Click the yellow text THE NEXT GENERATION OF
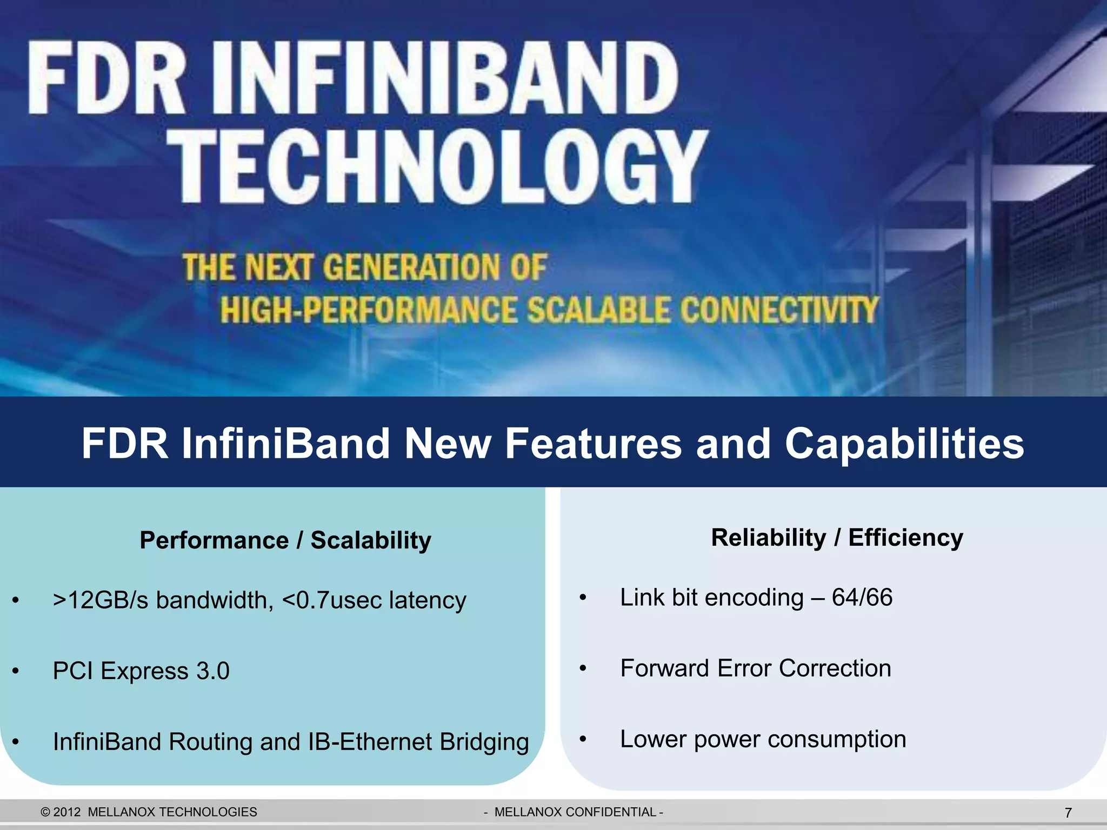pyautogui.click(x=365, y=267)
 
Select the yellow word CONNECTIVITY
pyautogui.click(x=778, y=310)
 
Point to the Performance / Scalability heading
pyautogui.click(x=285, y=540)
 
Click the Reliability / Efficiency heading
pyautogui.click(x=837, y=538)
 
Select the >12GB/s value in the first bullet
pyautogui.click(x=100, y=600)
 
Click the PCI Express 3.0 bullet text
pyautogui.click(x=141, y=671)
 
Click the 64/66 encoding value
pyautogui.click(x=862, y=598)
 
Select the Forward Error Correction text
pyautogui.click(x=755, y=668)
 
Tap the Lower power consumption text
pyautogui.click(x=763, y=739)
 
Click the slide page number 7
pyautogui.click(x=1068, y=813)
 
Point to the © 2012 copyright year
pyautogui.click(x=61, y=812)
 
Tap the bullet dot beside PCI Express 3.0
pyautogui.click(x=16, y=671)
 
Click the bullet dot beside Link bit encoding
pyautogui.click(x=583, y=598)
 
